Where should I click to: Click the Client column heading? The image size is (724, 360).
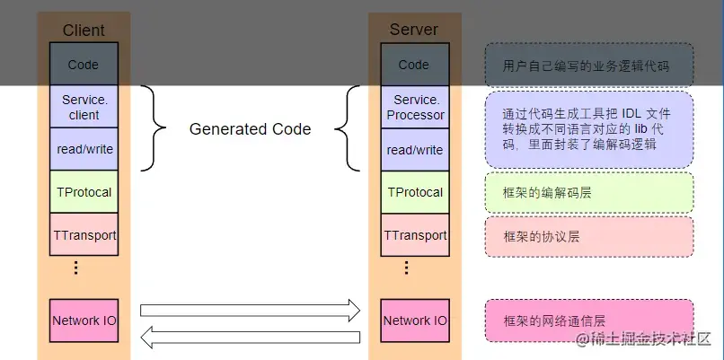84,30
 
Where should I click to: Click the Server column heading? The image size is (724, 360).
413,30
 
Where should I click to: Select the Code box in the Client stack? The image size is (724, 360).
84,65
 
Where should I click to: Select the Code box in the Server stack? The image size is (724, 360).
414,65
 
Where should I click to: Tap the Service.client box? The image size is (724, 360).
84,107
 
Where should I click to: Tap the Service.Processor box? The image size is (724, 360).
414,107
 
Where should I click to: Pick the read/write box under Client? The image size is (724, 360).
84,149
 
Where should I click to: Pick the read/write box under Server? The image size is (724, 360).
414,149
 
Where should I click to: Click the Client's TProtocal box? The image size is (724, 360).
84,192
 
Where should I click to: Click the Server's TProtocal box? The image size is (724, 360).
414,192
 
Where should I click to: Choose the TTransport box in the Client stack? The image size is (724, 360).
84,235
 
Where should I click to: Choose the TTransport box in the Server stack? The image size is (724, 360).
414,235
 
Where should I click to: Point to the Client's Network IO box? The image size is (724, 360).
84,320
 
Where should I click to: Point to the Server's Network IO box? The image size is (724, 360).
414,320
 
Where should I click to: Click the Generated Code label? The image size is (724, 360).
250,129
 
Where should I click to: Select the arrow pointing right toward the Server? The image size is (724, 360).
250,311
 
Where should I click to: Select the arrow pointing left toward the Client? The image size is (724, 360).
250,337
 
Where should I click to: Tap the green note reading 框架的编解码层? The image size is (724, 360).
589,192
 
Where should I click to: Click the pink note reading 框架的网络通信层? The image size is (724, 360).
589,320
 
